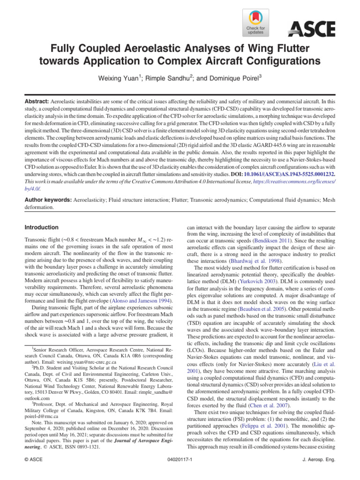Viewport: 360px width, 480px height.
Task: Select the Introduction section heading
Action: point(41,227)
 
